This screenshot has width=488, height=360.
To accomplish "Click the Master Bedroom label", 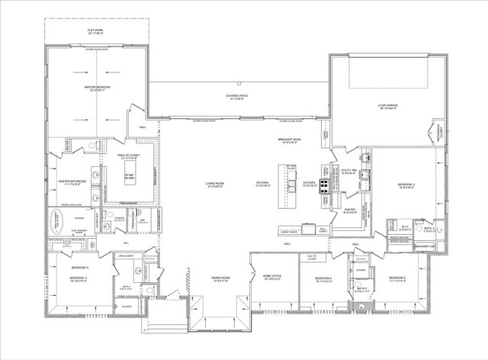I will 98,88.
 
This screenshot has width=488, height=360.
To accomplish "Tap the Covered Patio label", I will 237,97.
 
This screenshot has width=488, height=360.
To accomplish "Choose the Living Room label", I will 214,184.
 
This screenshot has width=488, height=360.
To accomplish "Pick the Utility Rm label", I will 350,171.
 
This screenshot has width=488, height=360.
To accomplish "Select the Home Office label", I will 272,276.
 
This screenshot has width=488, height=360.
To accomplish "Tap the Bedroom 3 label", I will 396,278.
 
